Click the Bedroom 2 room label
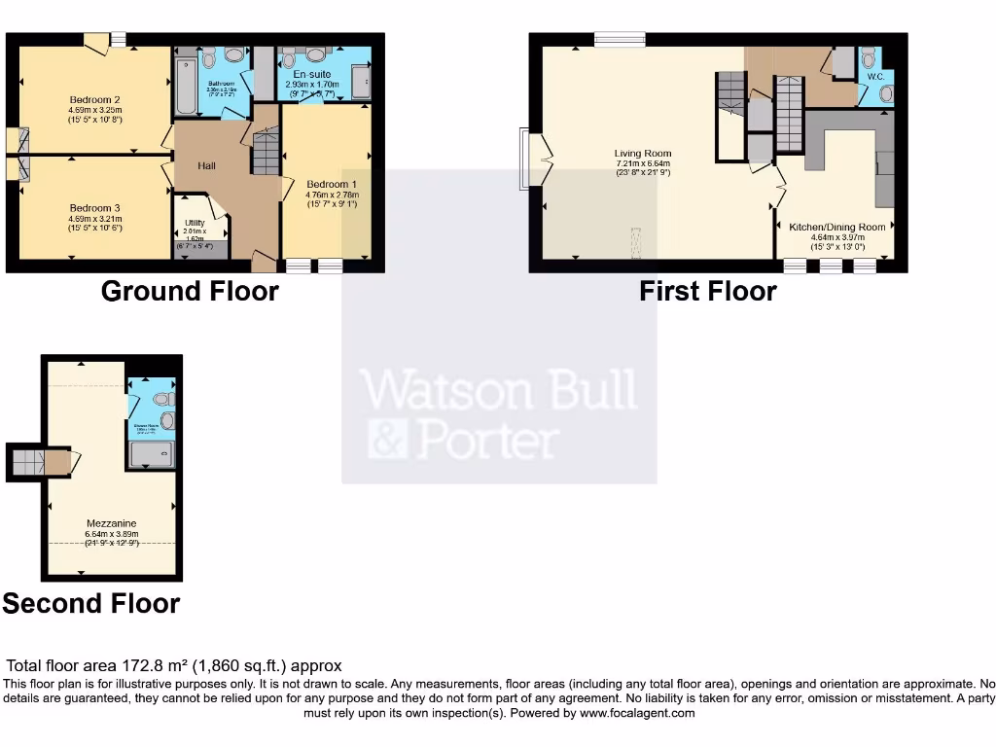coord(95,99)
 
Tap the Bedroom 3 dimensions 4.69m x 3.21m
coord(95,219)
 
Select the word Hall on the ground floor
coord(206,166)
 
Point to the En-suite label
coord(311,73)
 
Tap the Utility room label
coord(195,223)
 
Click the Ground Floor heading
coord(190,291)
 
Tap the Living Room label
coord(643,153)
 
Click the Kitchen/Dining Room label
coord(837,227)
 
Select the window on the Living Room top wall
coord(620,39)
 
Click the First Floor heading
coord(707,291)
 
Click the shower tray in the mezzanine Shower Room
coord(152,453)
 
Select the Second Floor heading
coord(91,603)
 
